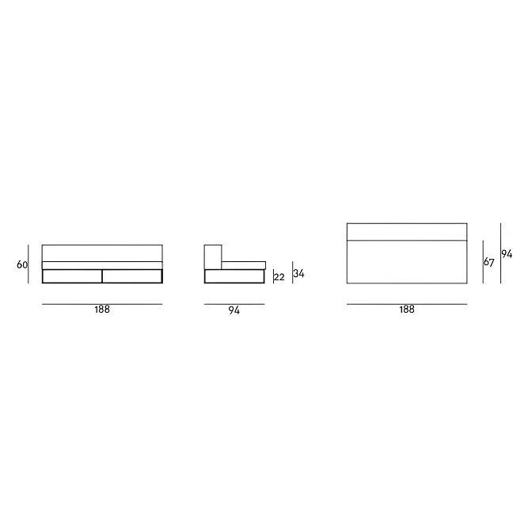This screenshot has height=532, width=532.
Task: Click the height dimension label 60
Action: (x=21, y=264)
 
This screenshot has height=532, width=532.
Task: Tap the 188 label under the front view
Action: (x=102, y=310)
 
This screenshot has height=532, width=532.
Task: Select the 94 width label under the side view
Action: (x=234, y=310)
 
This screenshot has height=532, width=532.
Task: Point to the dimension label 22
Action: (x=279, y=277)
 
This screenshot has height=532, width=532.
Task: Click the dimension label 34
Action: (x=299, y=273)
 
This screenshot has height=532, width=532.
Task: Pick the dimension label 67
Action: (x=489, y=262)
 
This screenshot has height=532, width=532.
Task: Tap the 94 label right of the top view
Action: (x=507, y=254)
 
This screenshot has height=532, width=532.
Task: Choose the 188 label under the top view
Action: (x=407, y=310)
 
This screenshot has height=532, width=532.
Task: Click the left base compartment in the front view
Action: (x=72, y=276)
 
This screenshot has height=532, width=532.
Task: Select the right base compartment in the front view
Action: (x=132, y=276)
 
